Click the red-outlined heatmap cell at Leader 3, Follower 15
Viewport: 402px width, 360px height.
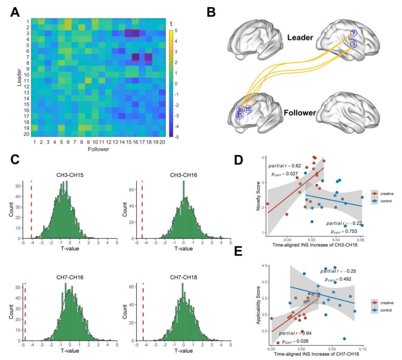128,33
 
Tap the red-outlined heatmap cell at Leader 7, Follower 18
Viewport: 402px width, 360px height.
148,57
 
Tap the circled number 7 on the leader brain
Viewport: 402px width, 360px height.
353,33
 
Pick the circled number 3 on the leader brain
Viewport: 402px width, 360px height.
353,44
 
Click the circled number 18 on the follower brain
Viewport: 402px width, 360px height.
248,109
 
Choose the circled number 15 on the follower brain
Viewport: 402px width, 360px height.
239,115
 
